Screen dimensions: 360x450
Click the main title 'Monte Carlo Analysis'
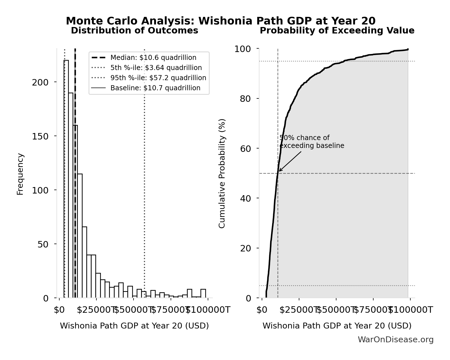(x=220, y=21)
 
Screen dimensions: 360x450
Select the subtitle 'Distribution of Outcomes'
(x=134, y=31)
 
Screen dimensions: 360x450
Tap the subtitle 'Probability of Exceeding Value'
(x=337, y=31)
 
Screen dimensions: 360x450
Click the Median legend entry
(x=153, y=58)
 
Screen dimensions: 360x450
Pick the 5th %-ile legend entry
(x=156, y=68)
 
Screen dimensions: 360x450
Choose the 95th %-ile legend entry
(x=158, y=78)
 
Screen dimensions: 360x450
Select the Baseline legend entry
(x=155, y=88)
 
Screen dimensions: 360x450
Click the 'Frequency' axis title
(x=20, y=174)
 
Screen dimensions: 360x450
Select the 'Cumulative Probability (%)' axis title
(x=222, y=173)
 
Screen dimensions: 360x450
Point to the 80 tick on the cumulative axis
(x=245, y=99)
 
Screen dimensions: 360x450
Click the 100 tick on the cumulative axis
(x=243, y=49)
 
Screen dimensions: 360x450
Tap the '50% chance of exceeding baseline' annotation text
(x=311, y=142)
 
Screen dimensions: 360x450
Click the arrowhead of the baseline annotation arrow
(x=279, y=171)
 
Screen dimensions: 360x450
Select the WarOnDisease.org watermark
(x=395, y=340)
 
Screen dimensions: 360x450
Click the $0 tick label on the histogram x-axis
(x=59, y=310)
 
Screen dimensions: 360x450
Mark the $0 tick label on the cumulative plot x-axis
(x=262, y=310)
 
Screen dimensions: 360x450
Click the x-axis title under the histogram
(x=134, y=326)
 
